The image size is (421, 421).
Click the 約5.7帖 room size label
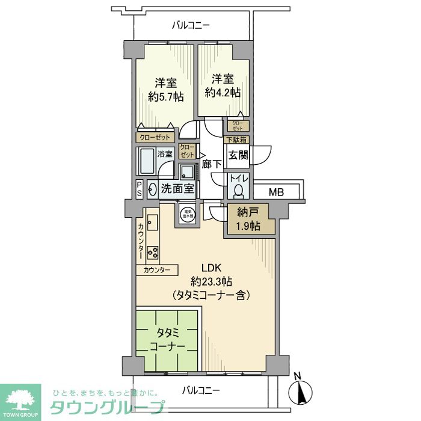coord(166,96)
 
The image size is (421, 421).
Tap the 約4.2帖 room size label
coord(223,92)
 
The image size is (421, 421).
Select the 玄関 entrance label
coord(239,155)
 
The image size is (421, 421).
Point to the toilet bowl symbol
coord(239,191)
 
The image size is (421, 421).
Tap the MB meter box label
coord(276,193)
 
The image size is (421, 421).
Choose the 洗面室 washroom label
coord(177,189)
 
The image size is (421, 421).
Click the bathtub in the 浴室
coord(147,161)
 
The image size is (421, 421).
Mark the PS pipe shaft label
coord(140,189)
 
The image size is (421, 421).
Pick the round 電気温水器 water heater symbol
coord(188,214)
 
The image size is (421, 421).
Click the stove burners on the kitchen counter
coord(153,253)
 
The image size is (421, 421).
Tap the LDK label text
coord(212,268)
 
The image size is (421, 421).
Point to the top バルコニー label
coord(190,25)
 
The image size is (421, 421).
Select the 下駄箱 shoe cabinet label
coord(236,140)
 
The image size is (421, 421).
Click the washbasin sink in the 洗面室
coord(152,189)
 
